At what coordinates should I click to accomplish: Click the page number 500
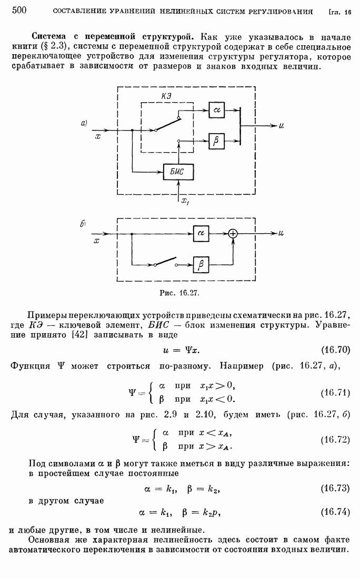(x=19, y=10)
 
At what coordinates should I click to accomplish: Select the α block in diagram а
(x=216, y=109)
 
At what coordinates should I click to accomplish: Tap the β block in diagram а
(x=216, y=141)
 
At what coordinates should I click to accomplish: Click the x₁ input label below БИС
(x=185, y=201)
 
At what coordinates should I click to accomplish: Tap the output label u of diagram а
(x=282, y=126)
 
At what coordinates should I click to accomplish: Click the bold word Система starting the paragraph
(x=52, y=37)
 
